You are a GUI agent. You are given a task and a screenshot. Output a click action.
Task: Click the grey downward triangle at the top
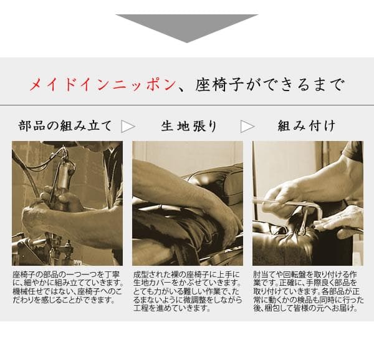[x=186, y=26]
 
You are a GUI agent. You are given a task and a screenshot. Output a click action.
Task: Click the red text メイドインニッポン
[x=102, y=85]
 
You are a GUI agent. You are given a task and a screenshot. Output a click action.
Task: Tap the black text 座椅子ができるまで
[x=269, y=85]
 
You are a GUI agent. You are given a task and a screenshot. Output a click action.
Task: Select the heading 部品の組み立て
[x=65, y=126]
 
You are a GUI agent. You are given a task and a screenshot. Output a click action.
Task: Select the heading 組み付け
[x=306, y=126]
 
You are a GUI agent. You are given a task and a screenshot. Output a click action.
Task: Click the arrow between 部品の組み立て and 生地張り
[x=128, y=126]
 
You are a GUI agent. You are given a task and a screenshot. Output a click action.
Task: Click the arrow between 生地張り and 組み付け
[x=247, y=126]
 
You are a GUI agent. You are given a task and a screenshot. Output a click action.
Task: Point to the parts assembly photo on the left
[x=67, y=203]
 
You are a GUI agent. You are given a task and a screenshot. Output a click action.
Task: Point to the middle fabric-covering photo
[x=187, y=203]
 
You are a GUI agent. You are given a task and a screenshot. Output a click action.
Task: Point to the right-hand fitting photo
[x=307, y=203]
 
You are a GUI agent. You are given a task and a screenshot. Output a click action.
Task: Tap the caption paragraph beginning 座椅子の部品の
[x=67, y=287]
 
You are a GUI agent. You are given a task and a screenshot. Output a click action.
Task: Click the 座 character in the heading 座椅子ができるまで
[x=206, y=85]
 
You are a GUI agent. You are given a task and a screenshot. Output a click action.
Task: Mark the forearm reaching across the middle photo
[x=181, y=187]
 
